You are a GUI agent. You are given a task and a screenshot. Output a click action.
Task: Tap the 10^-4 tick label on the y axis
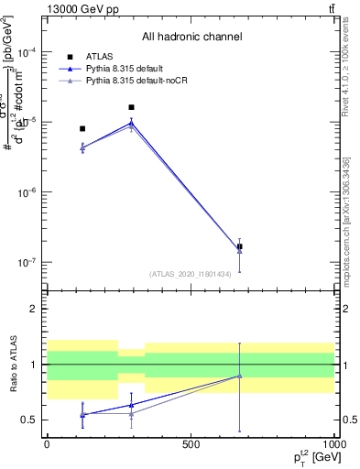coord(28,52)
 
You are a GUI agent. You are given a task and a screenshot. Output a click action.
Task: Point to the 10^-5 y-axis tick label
coord(28,122)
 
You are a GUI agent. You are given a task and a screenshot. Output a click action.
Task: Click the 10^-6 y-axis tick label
coord(28,192)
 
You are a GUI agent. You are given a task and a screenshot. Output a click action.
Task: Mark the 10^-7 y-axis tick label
coord(28,262)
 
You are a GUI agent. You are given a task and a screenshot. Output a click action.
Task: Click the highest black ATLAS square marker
coord(131,107)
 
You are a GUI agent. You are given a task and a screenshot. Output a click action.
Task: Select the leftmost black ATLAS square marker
coord(82,129)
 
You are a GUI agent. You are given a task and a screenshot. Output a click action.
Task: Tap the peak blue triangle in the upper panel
coord(131,123)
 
